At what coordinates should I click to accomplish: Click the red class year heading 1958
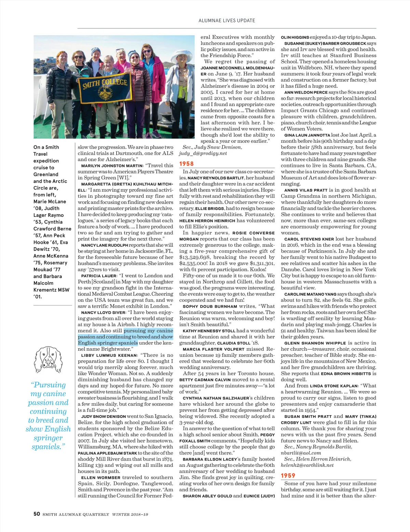pos(187,164)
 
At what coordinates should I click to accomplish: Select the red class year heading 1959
pos(288,476)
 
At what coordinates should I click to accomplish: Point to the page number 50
pos(37,514)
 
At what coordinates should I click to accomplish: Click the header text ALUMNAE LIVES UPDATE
pos(227,20)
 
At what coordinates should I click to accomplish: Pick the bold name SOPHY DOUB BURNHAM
pos(210,307)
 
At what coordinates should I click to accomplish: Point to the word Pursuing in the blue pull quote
pos(49,385)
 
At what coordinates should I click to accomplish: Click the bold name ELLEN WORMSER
pos(101,478)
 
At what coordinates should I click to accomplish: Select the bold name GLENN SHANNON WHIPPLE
pos(315,343)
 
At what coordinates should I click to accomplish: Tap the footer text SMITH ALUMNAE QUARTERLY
pos(76,514)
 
